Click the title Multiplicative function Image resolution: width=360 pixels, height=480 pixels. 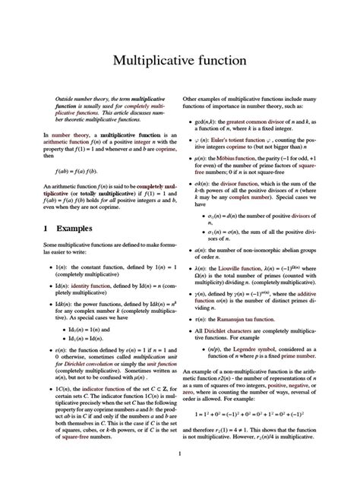[179, 58]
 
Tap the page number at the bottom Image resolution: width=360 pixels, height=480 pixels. [180, 454]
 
